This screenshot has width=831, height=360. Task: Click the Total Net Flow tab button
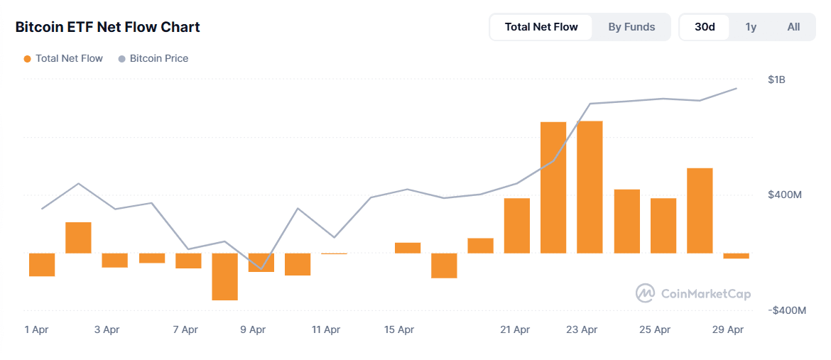tap(541, 27)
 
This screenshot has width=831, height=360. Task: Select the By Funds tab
tap(631, 27)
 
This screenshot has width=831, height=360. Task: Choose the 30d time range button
tap(705, 27)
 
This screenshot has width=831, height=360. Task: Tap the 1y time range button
tap(751, 27)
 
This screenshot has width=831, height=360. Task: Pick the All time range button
tap(793, 27)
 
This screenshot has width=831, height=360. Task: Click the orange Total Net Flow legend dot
tap(27, 59)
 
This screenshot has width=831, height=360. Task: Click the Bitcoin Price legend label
tap(158, 58)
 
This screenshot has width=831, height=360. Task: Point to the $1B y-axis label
tap(776, 80)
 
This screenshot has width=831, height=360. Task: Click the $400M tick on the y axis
tap(785, 195)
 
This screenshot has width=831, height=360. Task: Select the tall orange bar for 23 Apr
tap(590, 187)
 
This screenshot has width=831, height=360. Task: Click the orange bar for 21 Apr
tap(517, 225)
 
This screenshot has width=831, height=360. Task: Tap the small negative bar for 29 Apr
tap(736, 256)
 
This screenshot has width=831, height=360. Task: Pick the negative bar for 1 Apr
tap(42, 264)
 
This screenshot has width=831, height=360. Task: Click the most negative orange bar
tap(225, 276)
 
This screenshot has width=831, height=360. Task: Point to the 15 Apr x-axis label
tap(399, 329)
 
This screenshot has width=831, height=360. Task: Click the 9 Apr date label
tap(253, 329)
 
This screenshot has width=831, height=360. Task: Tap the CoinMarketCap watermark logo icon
tap(645, 293)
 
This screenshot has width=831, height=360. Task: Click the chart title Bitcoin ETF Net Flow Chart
tap(108, 27)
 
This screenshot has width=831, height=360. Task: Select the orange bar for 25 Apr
tap(663, 225)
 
